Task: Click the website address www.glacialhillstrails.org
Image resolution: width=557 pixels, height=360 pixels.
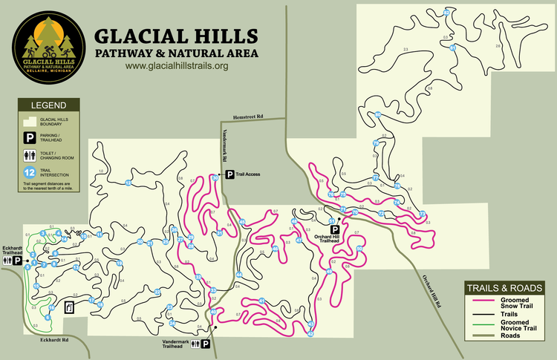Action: [176, 66]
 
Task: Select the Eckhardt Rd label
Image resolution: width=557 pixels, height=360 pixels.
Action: [56, 340]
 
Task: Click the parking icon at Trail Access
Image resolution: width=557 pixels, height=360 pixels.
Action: [229, 174]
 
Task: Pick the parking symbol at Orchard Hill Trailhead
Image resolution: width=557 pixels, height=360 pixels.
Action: [334, 231]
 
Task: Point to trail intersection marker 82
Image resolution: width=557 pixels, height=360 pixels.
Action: [446, 13]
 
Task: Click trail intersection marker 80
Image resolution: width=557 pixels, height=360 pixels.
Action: [378, 114]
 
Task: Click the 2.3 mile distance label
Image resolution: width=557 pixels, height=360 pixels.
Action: [405, 50]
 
